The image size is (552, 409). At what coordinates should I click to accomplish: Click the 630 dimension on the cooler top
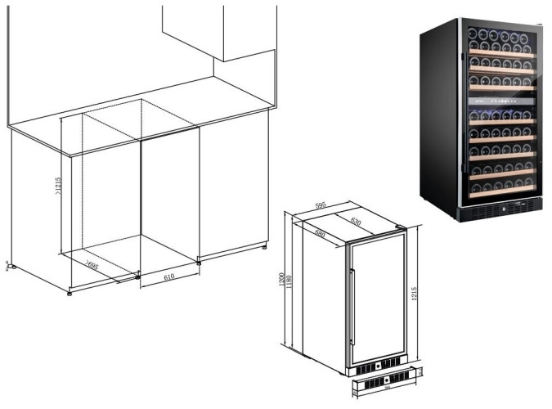pos(357,220)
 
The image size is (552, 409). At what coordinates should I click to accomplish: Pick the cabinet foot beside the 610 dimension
pos(199,261)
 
